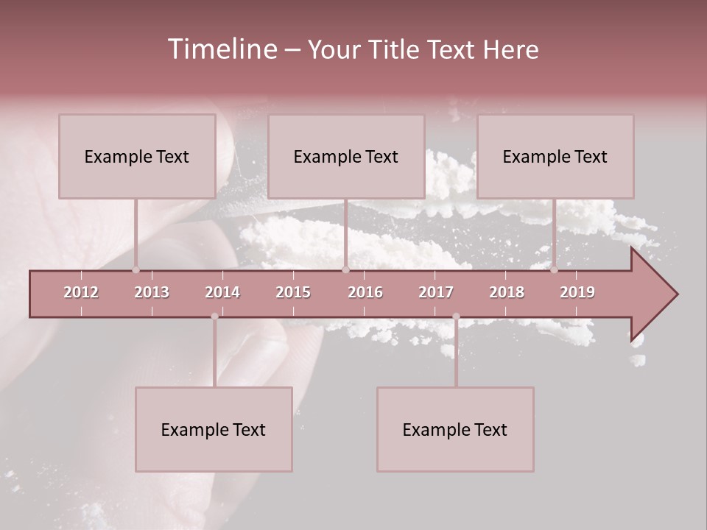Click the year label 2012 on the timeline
(81, 292)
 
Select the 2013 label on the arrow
(152, 292)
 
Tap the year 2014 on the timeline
(222, 292)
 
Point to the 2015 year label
(293, 292)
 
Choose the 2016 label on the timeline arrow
(365, 292)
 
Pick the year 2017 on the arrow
(436, 292)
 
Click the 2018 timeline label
(507, 292)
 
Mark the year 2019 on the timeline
(577, 292)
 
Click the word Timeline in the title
(222, 49)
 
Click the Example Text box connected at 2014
(214, 429)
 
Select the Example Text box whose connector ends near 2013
(137, 156)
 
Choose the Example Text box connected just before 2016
(346, 156)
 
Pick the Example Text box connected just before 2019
(555, 156)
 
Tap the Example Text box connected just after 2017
(455, 429)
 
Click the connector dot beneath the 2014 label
(214, 317)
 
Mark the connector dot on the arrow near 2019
(554, 269)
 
